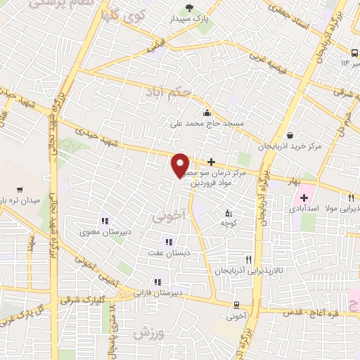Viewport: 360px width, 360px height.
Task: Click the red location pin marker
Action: (x=181, y=164)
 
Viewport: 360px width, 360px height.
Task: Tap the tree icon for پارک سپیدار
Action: (x=188, y=8)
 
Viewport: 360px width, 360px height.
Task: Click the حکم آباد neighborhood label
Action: (x=168, y=91)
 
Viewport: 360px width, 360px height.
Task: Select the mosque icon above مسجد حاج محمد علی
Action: (x=206, y=112)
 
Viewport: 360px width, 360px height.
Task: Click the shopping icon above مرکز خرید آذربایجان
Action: (x=290, y=136)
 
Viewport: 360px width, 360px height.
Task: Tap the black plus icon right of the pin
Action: (x=211, y=162)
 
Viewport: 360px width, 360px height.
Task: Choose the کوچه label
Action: (x=226, y=223)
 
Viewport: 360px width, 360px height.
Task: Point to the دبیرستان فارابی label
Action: (x=160, y=292)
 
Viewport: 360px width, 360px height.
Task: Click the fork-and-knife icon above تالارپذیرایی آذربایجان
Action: (x=247, y=259)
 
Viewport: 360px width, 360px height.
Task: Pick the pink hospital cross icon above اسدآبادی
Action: (x=304, y=198)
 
